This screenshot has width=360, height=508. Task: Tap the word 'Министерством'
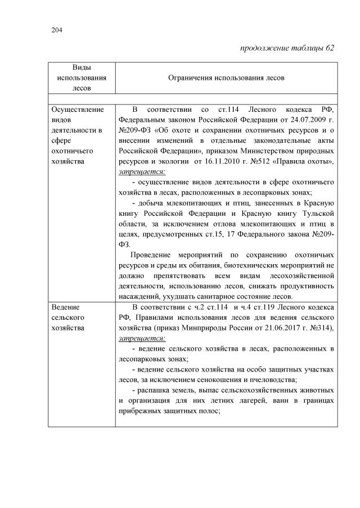click(x=264, y=151)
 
